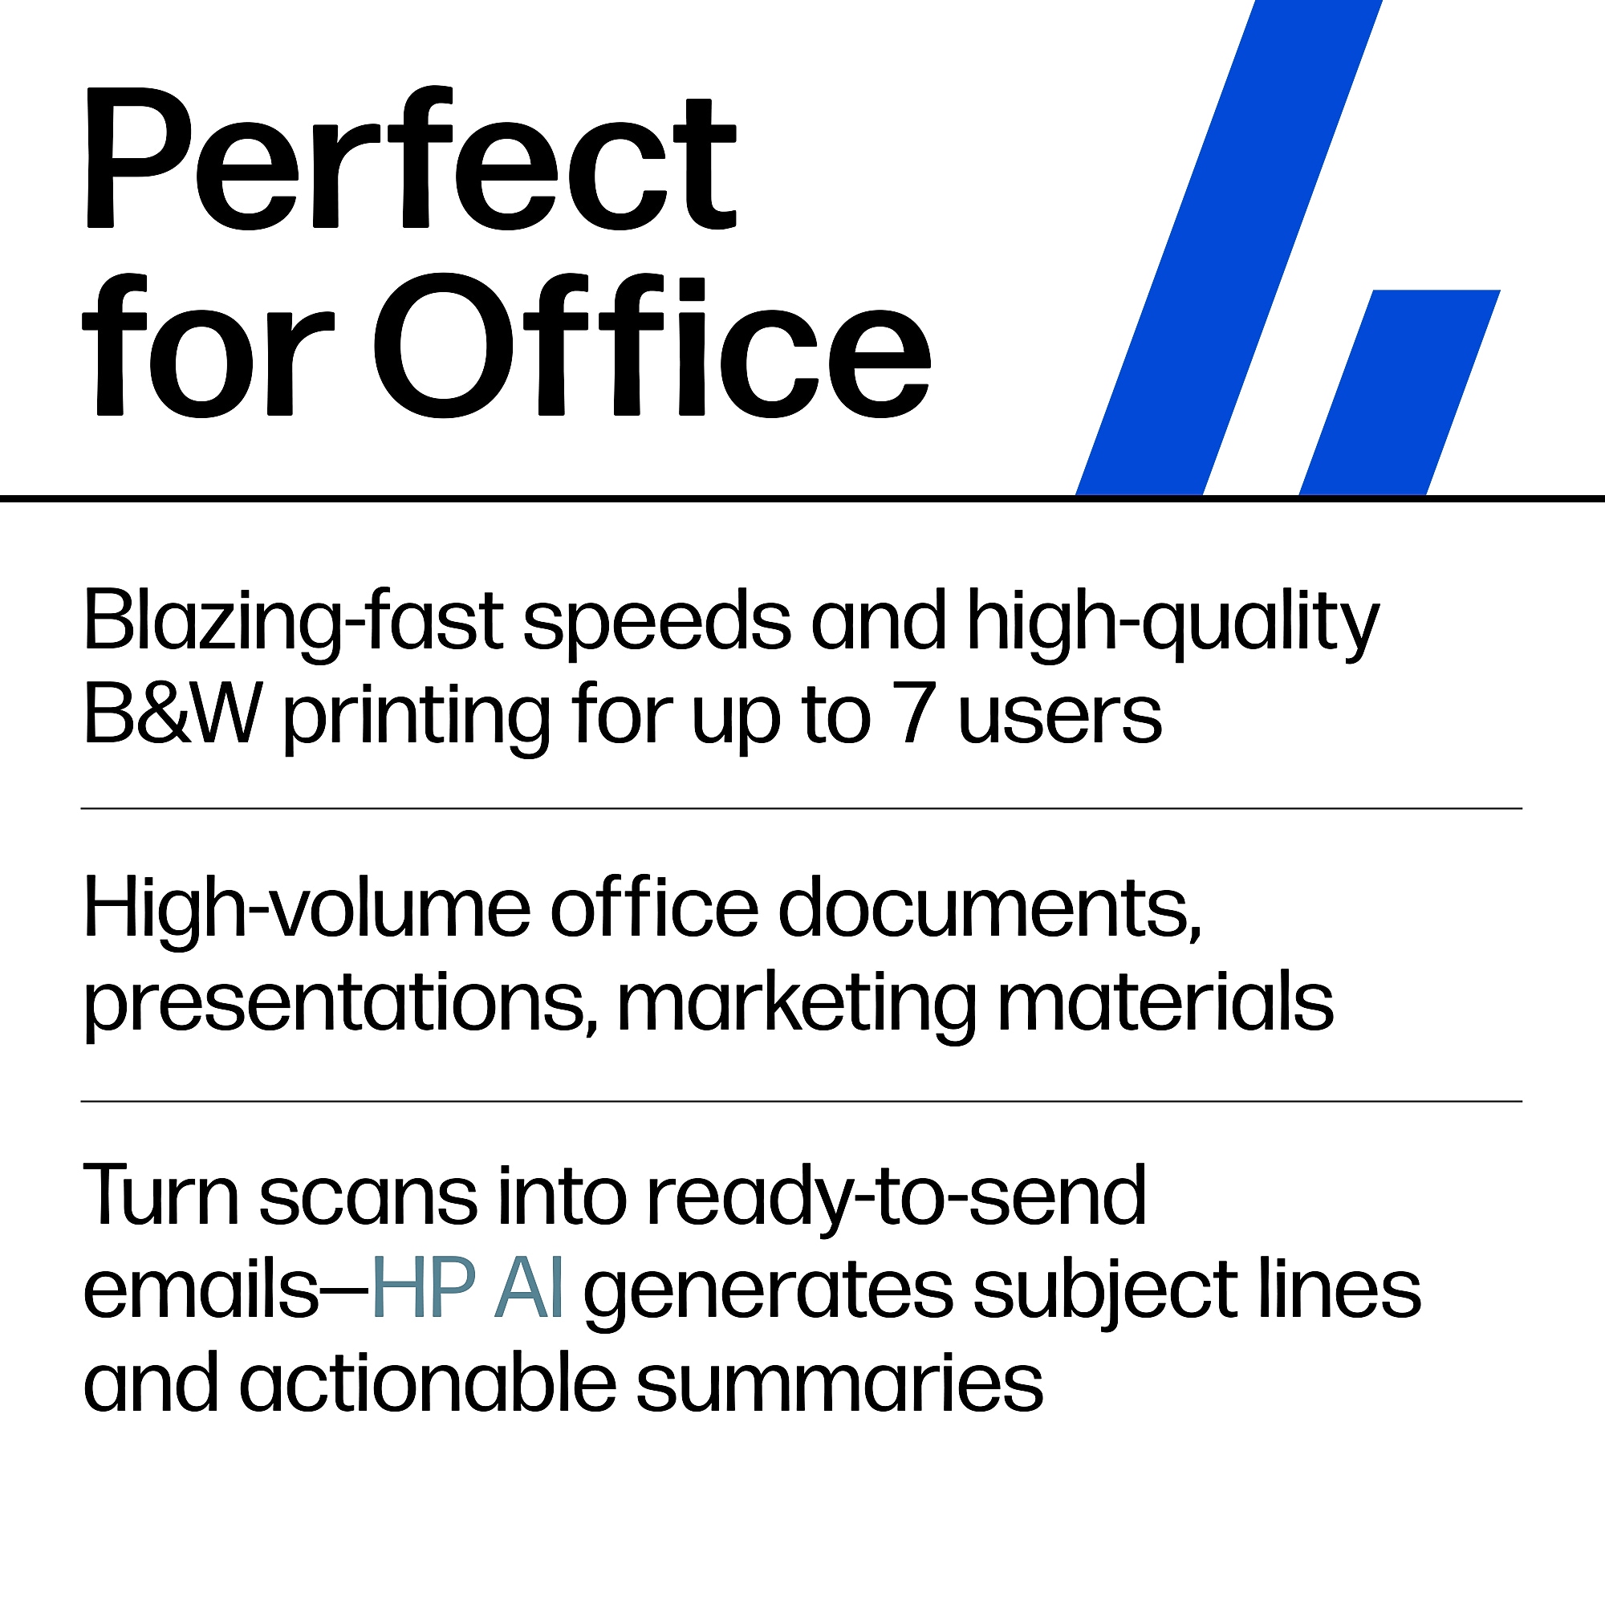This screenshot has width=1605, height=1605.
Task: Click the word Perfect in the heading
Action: point(410,157)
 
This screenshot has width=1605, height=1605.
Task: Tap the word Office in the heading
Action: point(652,347)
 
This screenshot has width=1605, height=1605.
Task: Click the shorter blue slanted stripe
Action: point(1400,392)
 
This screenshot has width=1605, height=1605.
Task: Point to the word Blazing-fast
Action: point(293,624)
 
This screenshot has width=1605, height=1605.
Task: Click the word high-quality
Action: point(1173,624)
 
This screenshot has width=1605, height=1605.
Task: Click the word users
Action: point(1060,721)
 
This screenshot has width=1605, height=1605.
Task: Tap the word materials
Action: point(1164,1001)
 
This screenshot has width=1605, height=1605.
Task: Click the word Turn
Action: point(161,1196)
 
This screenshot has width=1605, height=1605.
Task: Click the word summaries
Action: point(840,1389)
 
